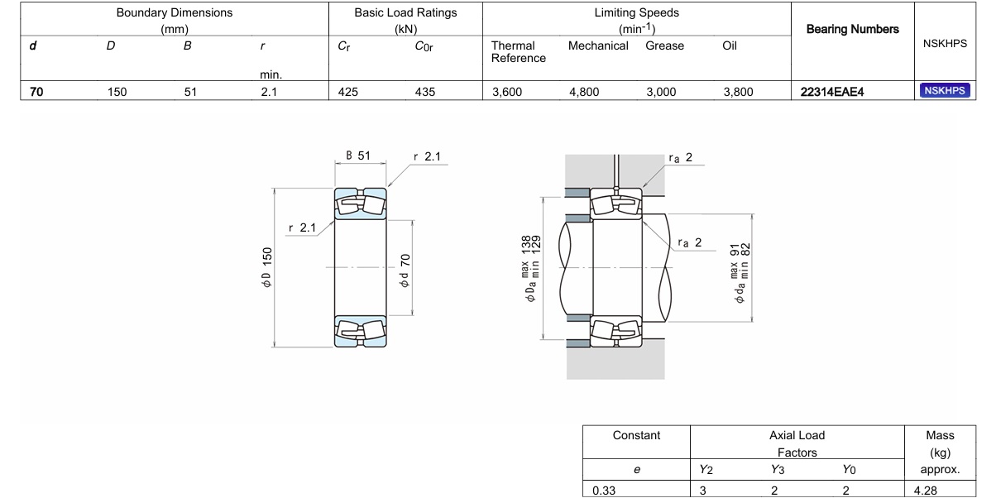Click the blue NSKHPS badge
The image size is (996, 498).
945,91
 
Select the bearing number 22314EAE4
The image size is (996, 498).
832,92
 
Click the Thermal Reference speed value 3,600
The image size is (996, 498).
507,92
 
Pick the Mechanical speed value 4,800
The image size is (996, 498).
584,92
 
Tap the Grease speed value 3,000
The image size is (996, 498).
661,92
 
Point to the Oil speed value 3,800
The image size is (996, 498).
738,92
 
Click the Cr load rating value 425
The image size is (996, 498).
347,92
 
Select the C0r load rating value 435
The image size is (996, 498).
425,92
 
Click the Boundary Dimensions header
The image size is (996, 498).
175,21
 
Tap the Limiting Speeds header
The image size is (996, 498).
637,21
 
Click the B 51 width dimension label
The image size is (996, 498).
358,156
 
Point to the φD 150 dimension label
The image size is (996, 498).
266,267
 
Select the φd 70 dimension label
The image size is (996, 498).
405,271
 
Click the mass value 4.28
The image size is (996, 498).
926,491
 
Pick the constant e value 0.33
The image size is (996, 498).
604,491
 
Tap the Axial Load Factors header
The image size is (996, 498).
797,443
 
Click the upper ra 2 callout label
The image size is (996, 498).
681,158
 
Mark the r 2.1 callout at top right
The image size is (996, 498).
427,156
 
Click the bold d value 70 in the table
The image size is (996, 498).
36,92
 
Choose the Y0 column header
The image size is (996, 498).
849,470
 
